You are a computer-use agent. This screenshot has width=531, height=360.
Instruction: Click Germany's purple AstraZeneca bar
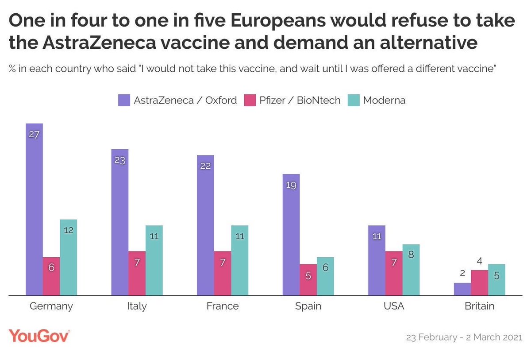pos(34,209)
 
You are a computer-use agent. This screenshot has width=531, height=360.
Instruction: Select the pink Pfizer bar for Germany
pos(51,276)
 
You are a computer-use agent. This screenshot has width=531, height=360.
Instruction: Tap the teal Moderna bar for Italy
pos(154,260)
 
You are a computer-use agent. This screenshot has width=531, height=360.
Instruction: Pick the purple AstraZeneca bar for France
pos(205,225)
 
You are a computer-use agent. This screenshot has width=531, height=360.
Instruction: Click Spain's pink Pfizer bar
pos(308,279)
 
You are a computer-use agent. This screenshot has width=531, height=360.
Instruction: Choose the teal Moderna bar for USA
pos(411,270)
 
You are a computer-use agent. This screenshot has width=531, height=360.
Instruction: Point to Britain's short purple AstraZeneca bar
pos(462,289)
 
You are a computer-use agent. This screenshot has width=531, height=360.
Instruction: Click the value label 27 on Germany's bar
pos(34,135)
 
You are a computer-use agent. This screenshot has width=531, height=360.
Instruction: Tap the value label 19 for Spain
pos(291,185)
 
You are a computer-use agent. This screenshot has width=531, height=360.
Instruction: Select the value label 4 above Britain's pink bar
pos(480,261)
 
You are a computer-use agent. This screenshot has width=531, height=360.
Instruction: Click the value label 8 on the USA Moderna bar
pos(411,255)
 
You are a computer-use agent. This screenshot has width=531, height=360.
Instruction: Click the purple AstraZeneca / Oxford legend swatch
pos(124,101)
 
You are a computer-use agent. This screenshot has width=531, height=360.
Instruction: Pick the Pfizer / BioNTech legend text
pos(300,101)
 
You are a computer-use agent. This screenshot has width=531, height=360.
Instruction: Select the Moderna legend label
pos(384,101)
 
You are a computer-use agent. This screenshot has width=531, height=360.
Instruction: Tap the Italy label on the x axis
pos(137,306)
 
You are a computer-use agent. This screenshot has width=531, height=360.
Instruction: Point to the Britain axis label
pos(480,306)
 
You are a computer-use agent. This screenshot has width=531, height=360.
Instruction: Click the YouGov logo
pos(39,336)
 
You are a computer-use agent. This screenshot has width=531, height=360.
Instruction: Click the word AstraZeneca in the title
pos(99,43)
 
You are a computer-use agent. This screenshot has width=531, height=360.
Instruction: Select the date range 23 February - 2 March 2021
pos(464,337)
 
